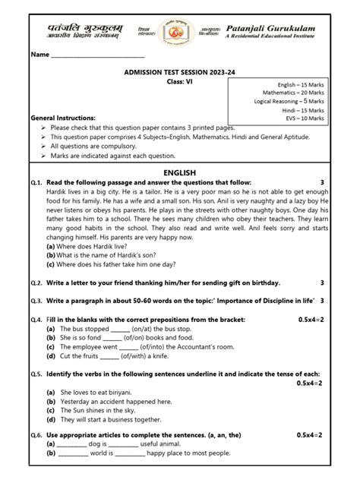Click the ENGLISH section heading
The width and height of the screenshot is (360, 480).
[x=180, y=173]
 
